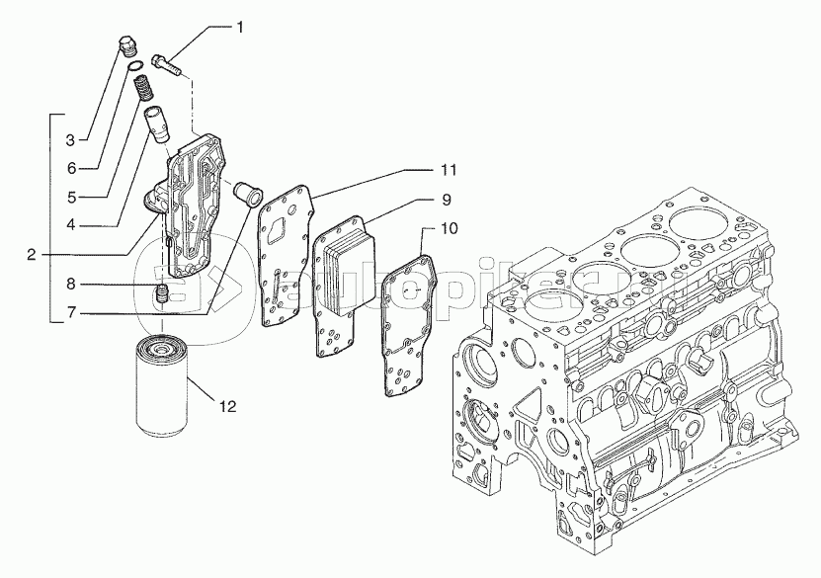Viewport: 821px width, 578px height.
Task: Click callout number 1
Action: (x=239, y=28)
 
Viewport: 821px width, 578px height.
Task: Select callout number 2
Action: (x=33, y=254)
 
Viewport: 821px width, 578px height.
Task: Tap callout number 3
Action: (x=70, y=138)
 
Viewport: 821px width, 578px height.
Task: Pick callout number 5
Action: (x=70, y=196)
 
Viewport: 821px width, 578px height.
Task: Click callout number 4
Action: (x=70, y=224)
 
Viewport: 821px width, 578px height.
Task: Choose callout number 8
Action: (x=70, y=285)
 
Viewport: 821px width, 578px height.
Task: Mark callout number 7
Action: (x=70, y=313)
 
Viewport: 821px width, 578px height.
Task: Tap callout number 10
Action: (x=448, y=228)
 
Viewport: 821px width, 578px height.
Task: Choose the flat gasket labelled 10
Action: (x=407, y=316)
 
